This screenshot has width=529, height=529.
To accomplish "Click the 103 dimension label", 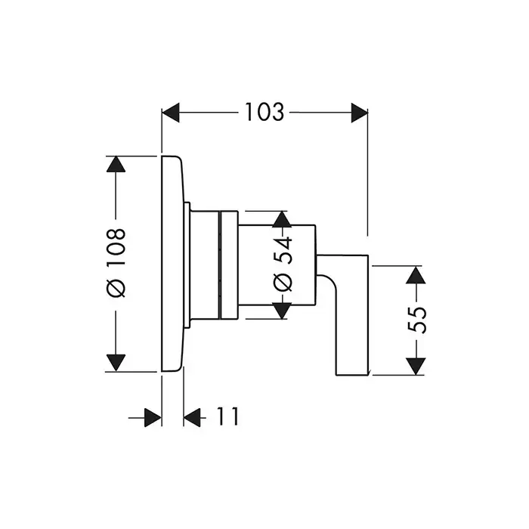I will tap(264, 113).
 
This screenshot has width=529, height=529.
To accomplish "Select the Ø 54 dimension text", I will tap(282, 265).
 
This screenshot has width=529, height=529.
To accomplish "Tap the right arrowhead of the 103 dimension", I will tap(358, 113).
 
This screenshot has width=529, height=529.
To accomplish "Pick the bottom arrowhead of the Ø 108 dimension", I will tap(115, 362).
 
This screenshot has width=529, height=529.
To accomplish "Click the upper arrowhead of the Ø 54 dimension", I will tap(282, 219).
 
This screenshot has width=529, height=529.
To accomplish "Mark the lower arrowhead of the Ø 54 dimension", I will tap(282, 311).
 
